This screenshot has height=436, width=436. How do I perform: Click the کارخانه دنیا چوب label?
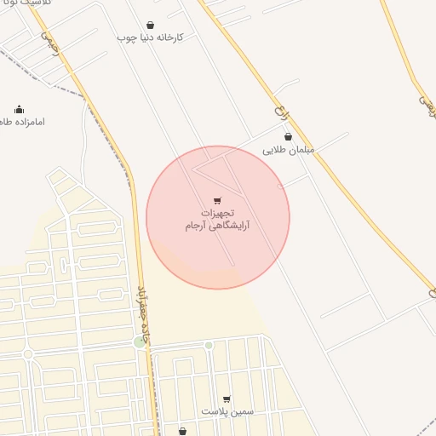click(151, 38)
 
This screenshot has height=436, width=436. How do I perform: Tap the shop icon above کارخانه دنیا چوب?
click(151, 26)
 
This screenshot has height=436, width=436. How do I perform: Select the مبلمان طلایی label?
click(288, 149)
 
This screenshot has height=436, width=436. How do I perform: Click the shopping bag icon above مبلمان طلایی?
click(288, 136)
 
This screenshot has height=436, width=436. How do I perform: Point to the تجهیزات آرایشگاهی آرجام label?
click(218, 219)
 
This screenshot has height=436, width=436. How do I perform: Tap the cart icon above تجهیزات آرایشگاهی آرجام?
click(218, 200)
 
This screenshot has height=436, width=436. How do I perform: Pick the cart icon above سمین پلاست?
click(227, 399)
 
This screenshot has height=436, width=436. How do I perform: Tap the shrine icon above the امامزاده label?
click(19, 109)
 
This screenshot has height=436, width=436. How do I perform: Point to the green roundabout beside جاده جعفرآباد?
click(140, 342)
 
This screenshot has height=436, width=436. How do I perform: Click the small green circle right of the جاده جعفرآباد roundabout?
click(209, 345)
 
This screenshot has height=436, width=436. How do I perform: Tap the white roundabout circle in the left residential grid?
click(28, 353)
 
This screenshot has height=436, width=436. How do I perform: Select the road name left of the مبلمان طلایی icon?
click(276, 112)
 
